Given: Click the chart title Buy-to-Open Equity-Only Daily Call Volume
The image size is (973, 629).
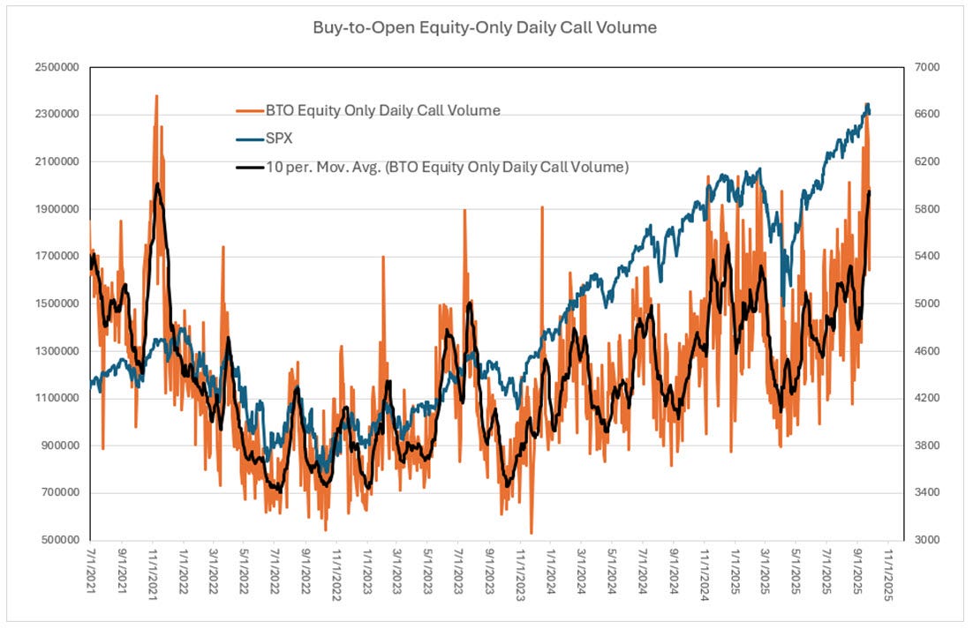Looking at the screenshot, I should point(485,27).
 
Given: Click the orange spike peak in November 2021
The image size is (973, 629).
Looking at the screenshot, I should point(156,95).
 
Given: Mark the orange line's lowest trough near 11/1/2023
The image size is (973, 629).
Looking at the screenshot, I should point(532,533).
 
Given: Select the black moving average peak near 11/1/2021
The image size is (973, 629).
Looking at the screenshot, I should point(156,184).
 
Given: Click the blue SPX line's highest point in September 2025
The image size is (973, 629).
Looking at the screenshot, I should point(867,104).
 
